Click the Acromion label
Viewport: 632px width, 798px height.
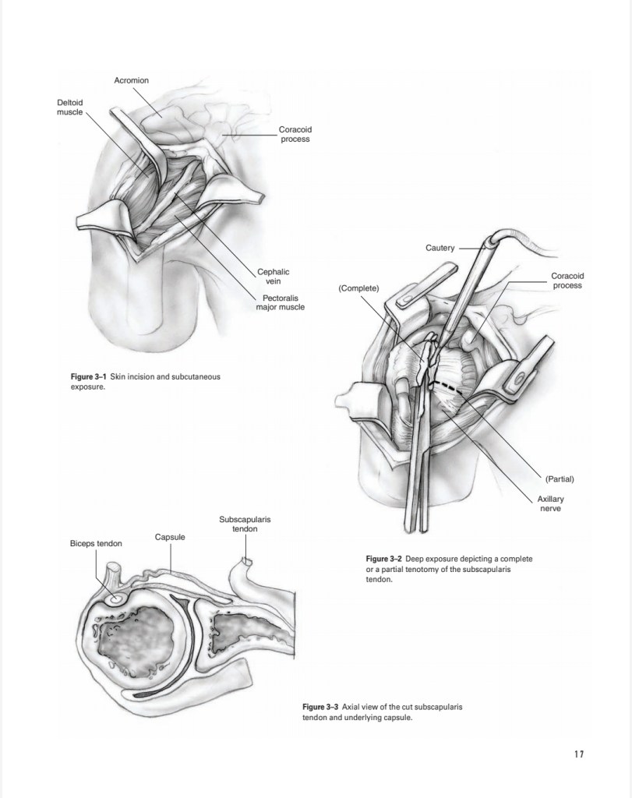[x=130, y=80]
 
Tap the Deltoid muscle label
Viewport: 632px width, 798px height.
[x=69, y=107]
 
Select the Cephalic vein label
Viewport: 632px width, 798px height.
[x=274, y=276]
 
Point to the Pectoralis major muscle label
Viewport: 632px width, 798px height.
[x=281, y=302]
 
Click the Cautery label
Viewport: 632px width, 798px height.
[x=440, y=248]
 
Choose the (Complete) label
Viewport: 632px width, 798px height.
[x=358, y=288]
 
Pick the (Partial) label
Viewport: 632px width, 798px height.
[x=559, y=478]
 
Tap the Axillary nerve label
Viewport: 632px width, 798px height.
[x=550, y=503]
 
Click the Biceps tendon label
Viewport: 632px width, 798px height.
[x=95, y=543]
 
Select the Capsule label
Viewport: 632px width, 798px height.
[x=169, y=537]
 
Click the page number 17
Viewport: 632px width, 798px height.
[x=578, y=754]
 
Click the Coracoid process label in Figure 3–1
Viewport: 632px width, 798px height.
[x=294, y=134]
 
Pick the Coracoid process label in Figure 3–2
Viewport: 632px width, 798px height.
[x=567, y=281]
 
